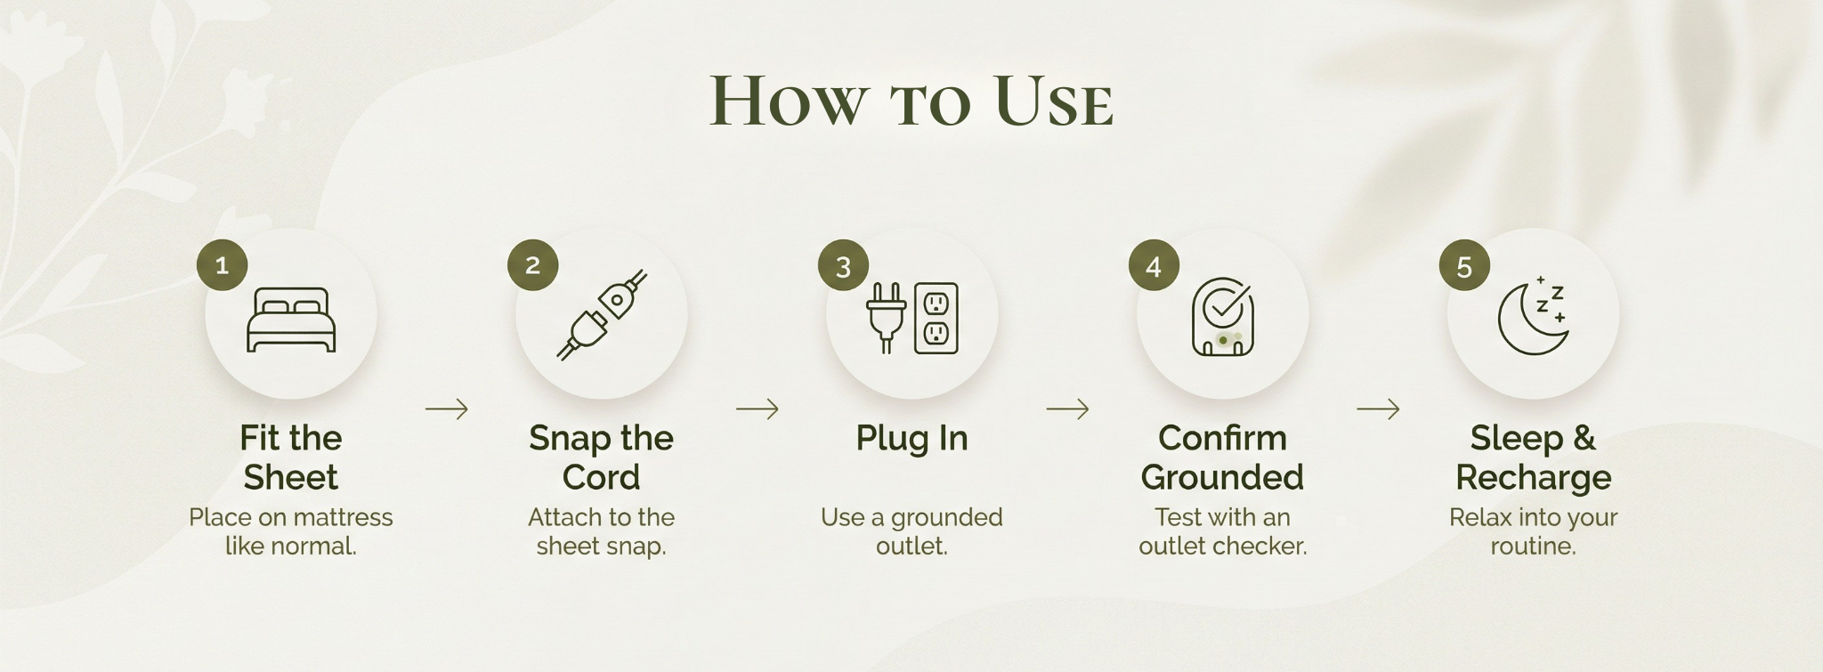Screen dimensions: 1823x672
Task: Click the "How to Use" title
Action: click(x=911, y=101)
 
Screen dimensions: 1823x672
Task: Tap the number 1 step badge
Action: click(x=222, y=264)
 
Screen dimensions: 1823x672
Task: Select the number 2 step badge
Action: click(x=532, y=264)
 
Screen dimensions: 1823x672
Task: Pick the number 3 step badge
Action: click(x=843, y=265)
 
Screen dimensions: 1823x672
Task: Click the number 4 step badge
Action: click(x=1154, y=265)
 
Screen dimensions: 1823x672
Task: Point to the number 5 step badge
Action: click(x=1464, y=265)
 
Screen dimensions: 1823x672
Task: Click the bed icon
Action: click(x=291, y=320)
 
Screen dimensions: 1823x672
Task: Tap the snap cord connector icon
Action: click(x=602, y=315)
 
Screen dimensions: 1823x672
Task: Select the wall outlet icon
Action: click(x=936, y=318)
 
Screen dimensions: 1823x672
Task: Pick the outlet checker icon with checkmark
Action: click(x=1223, y=317)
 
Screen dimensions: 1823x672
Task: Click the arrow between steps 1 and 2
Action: click(x=447, y=409)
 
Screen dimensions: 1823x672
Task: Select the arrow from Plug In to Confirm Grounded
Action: click(x=1068, y=409)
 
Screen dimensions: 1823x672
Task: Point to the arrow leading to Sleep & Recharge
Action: click(x=1379, y=409)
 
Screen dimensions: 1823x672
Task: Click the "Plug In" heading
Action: click(x=911, y=438)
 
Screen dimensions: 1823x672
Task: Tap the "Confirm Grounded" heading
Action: click(x=1222, y=457)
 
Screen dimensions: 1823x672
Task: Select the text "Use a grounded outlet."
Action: click(x=911, y=531)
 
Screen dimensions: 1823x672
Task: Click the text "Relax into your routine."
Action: click(x=1533, y=531)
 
